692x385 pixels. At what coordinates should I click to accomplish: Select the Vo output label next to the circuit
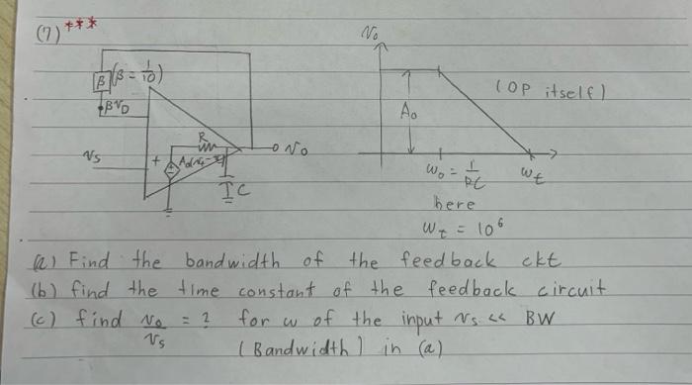click(296, 152)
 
